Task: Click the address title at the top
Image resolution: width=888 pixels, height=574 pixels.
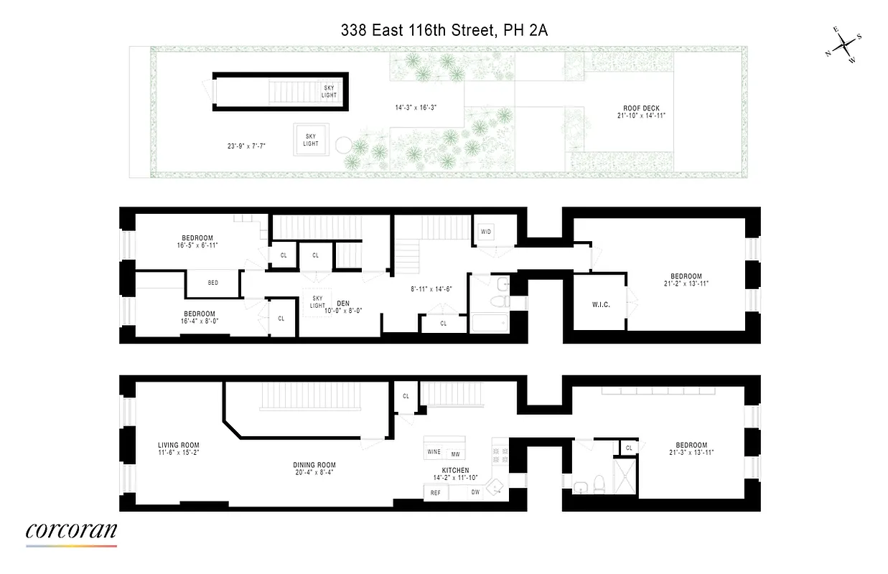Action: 444,30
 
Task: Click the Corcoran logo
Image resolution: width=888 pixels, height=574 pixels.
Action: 71,532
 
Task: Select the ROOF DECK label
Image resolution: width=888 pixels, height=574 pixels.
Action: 641,108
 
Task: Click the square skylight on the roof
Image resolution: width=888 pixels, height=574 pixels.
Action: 311,139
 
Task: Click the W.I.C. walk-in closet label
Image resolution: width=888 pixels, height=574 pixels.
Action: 600,305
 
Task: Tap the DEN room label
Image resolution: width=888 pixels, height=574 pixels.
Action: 343,303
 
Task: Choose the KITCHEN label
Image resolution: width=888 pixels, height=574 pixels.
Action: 452,471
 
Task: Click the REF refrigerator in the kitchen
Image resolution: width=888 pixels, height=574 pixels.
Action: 436,493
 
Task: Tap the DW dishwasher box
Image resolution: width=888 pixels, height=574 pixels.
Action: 475,493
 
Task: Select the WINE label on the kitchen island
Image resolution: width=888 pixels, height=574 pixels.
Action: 434,453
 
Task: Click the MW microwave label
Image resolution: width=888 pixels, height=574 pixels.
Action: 455,454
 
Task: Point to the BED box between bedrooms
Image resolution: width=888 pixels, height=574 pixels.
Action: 213,283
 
